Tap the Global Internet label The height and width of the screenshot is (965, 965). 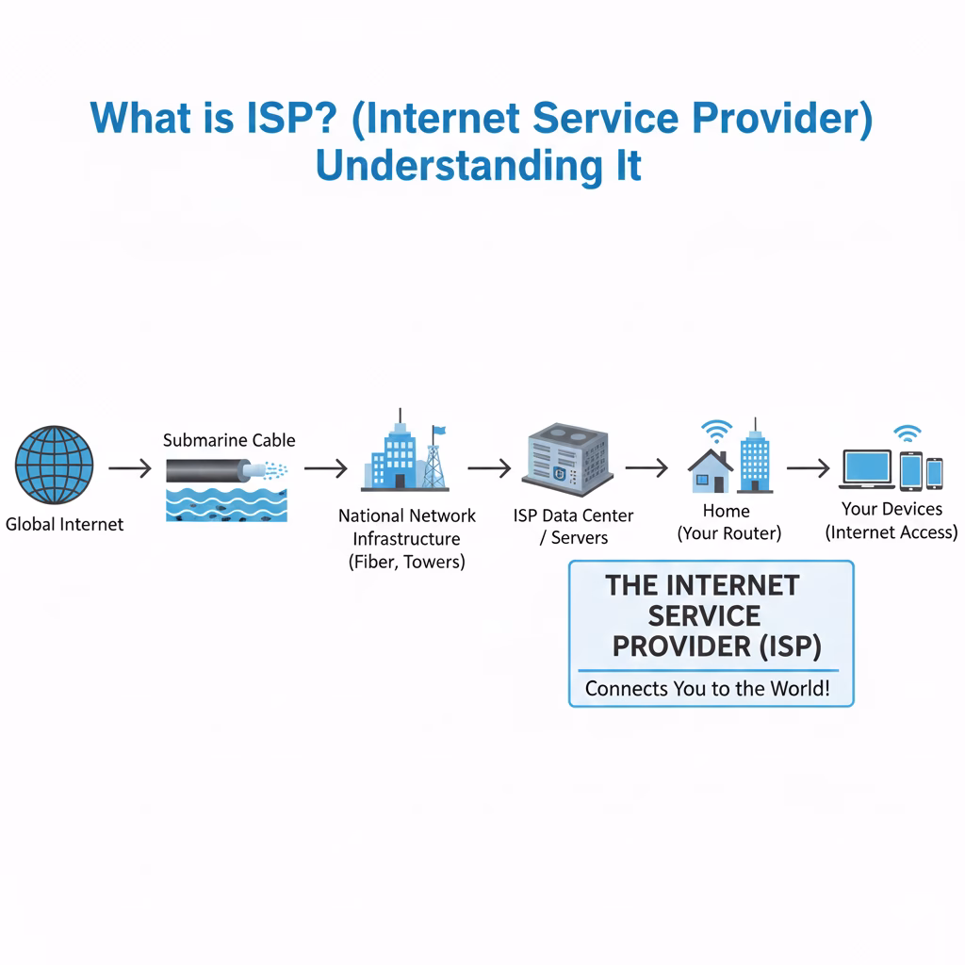pos(64,524)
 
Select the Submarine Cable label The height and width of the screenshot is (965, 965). pos(229,440)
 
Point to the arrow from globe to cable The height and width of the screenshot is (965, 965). pos(129,467)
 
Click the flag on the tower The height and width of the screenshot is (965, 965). pos(438,433)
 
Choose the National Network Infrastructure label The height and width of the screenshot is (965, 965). pos(407,539)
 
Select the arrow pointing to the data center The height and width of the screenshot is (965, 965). pos(489,467)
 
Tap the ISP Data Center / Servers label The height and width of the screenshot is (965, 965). pos(573,527)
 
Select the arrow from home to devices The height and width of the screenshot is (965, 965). pos(808,467)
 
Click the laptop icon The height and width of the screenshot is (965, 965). pos(865,468)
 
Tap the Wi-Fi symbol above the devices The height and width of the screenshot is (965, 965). pos(908,433)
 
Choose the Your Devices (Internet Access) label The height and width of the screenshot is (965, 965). pos(891,520)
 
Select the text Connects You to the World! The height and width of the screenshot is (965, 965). pos(708,688)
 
